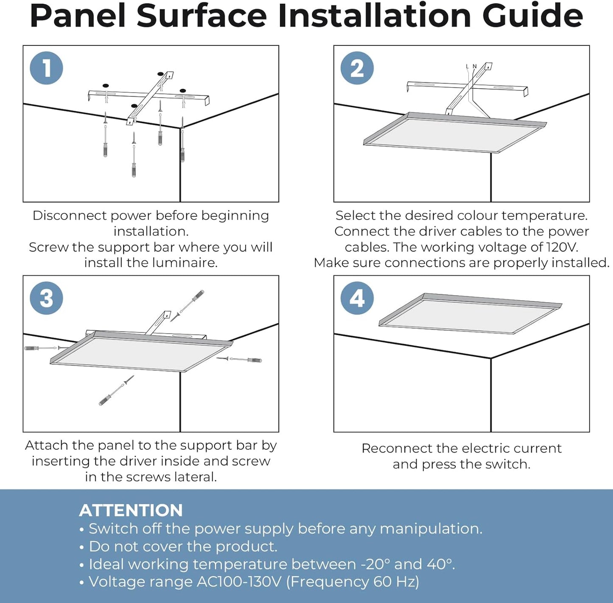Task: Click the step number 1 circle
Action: point(46,68)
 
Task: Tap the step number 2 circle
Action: point(357,68)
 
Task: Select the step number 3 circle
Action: point(46,298)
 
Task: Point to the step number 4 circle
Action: point(357,298)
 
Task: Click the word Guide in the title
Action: point(532,16)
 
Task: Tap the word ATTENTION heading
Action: point(131,510)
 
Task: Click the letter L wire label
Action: point(467,66)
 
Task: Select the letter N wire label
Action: point(475,66)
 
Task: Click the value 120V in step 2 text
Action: point(562,247)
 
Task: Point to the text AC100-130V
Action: point(239,582)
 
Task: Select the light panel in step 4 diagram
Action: point(470,314)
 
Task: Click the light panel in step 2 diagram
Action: point(455,132)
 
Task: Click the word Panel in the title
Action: point(78,16)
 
